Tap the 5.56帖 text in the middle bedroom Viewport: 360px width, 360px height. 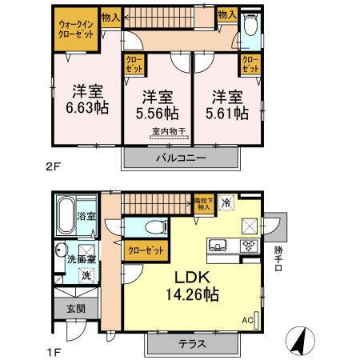point(159,112)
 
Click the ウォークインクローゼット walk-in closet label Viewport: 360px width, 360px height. point(76,30)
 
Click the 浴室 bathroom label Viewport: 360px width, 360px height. point(86,216)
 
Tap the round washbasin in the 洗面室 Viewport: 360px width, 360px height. point(62,253)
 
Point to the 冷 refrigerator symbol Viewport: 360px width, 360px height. point(227,203)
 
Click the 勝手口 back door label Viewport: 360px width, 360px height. point(278,257)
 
